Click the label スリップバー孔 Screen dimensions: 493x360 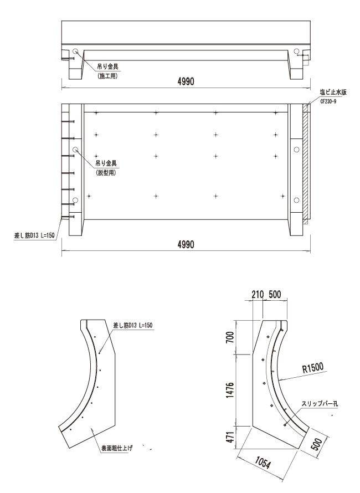pyautogui.click(x=320, y=404)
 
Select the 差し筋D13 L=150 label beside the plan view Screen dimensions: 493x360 pyautogui.click(x=35, y=235)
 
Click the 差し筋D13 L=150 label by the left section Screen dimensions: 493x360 pyautogui.click(x=133, y=325)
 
